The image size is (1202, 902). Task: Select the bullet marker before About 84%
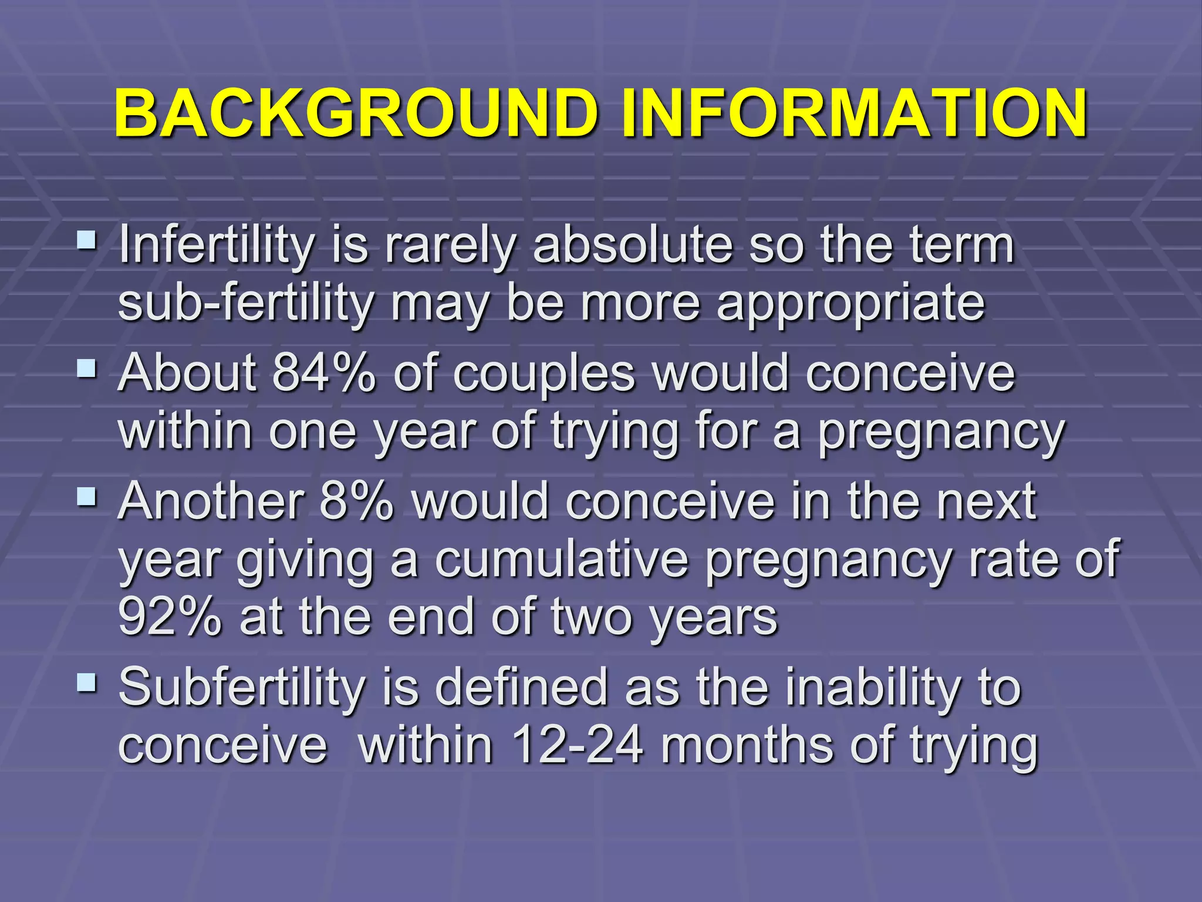pos(87,368)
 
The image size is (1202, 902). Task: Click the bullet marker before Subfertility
pos(87,682)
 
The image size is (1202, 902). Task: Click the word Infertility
pos(217,245)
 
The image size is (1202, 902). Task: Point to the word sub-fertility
pos(245,304)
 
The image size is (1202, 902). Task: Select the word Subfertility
pos(241,687)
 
